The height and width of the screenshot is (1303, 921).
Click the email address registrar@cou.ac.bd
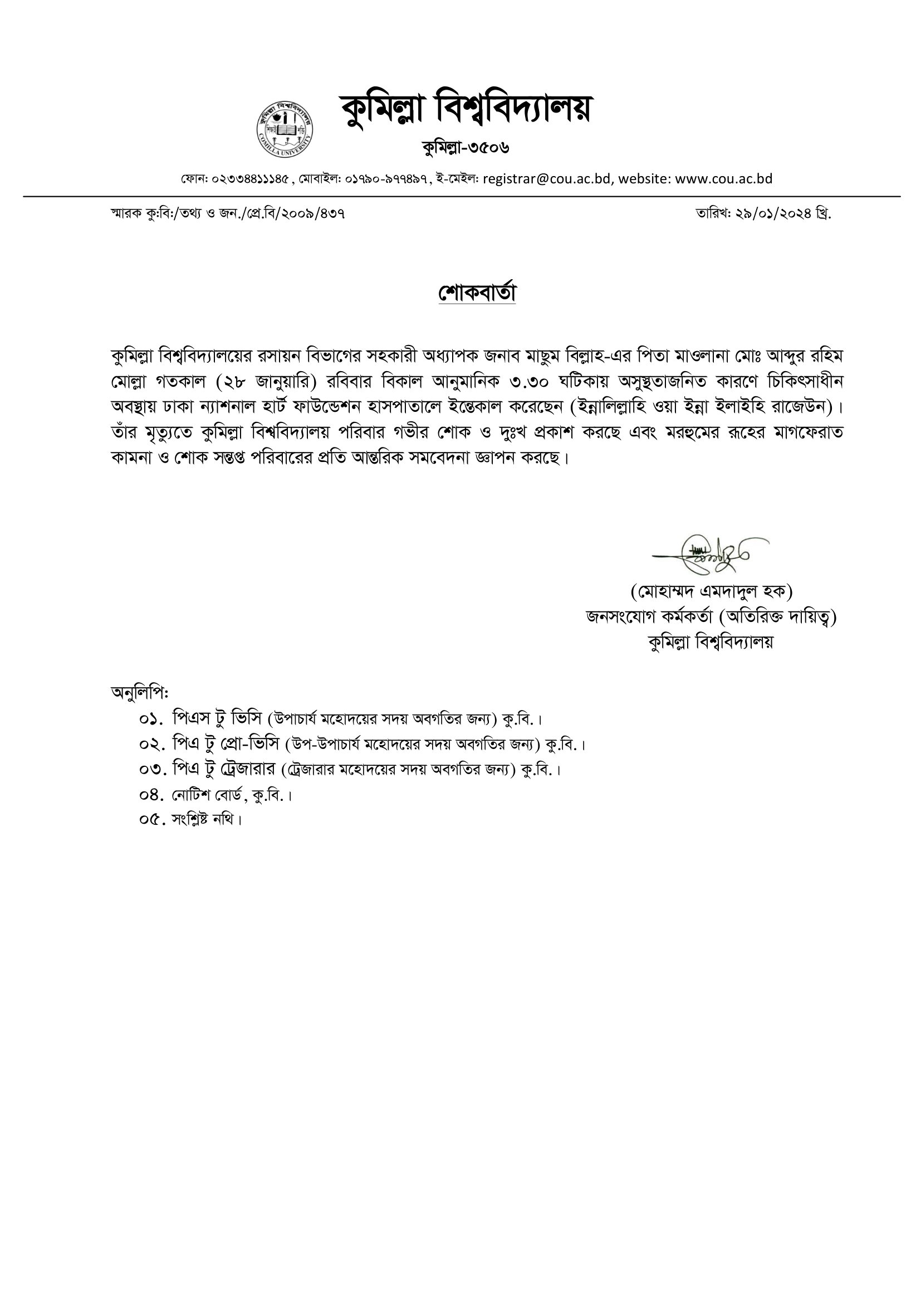(547, 179)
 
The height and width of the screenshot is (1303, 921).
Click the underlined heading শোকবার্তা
(477, 293)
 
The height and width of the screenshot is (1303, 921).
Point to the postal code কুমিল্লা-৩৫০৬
(466, 148)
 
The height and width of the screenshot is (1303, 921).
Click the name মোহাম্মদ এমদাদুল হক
(711, 591)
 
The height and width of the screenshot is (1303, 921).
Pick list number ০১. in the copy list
(151, 719)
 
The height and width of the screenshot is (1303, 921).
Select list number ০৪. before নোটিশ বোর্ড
(151, 795)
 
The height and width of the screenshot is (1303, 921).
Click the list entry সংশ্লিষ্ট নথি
(207, 820)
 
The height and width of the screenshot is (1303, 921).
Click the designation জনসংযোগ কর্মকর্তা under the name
(649, 616)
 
